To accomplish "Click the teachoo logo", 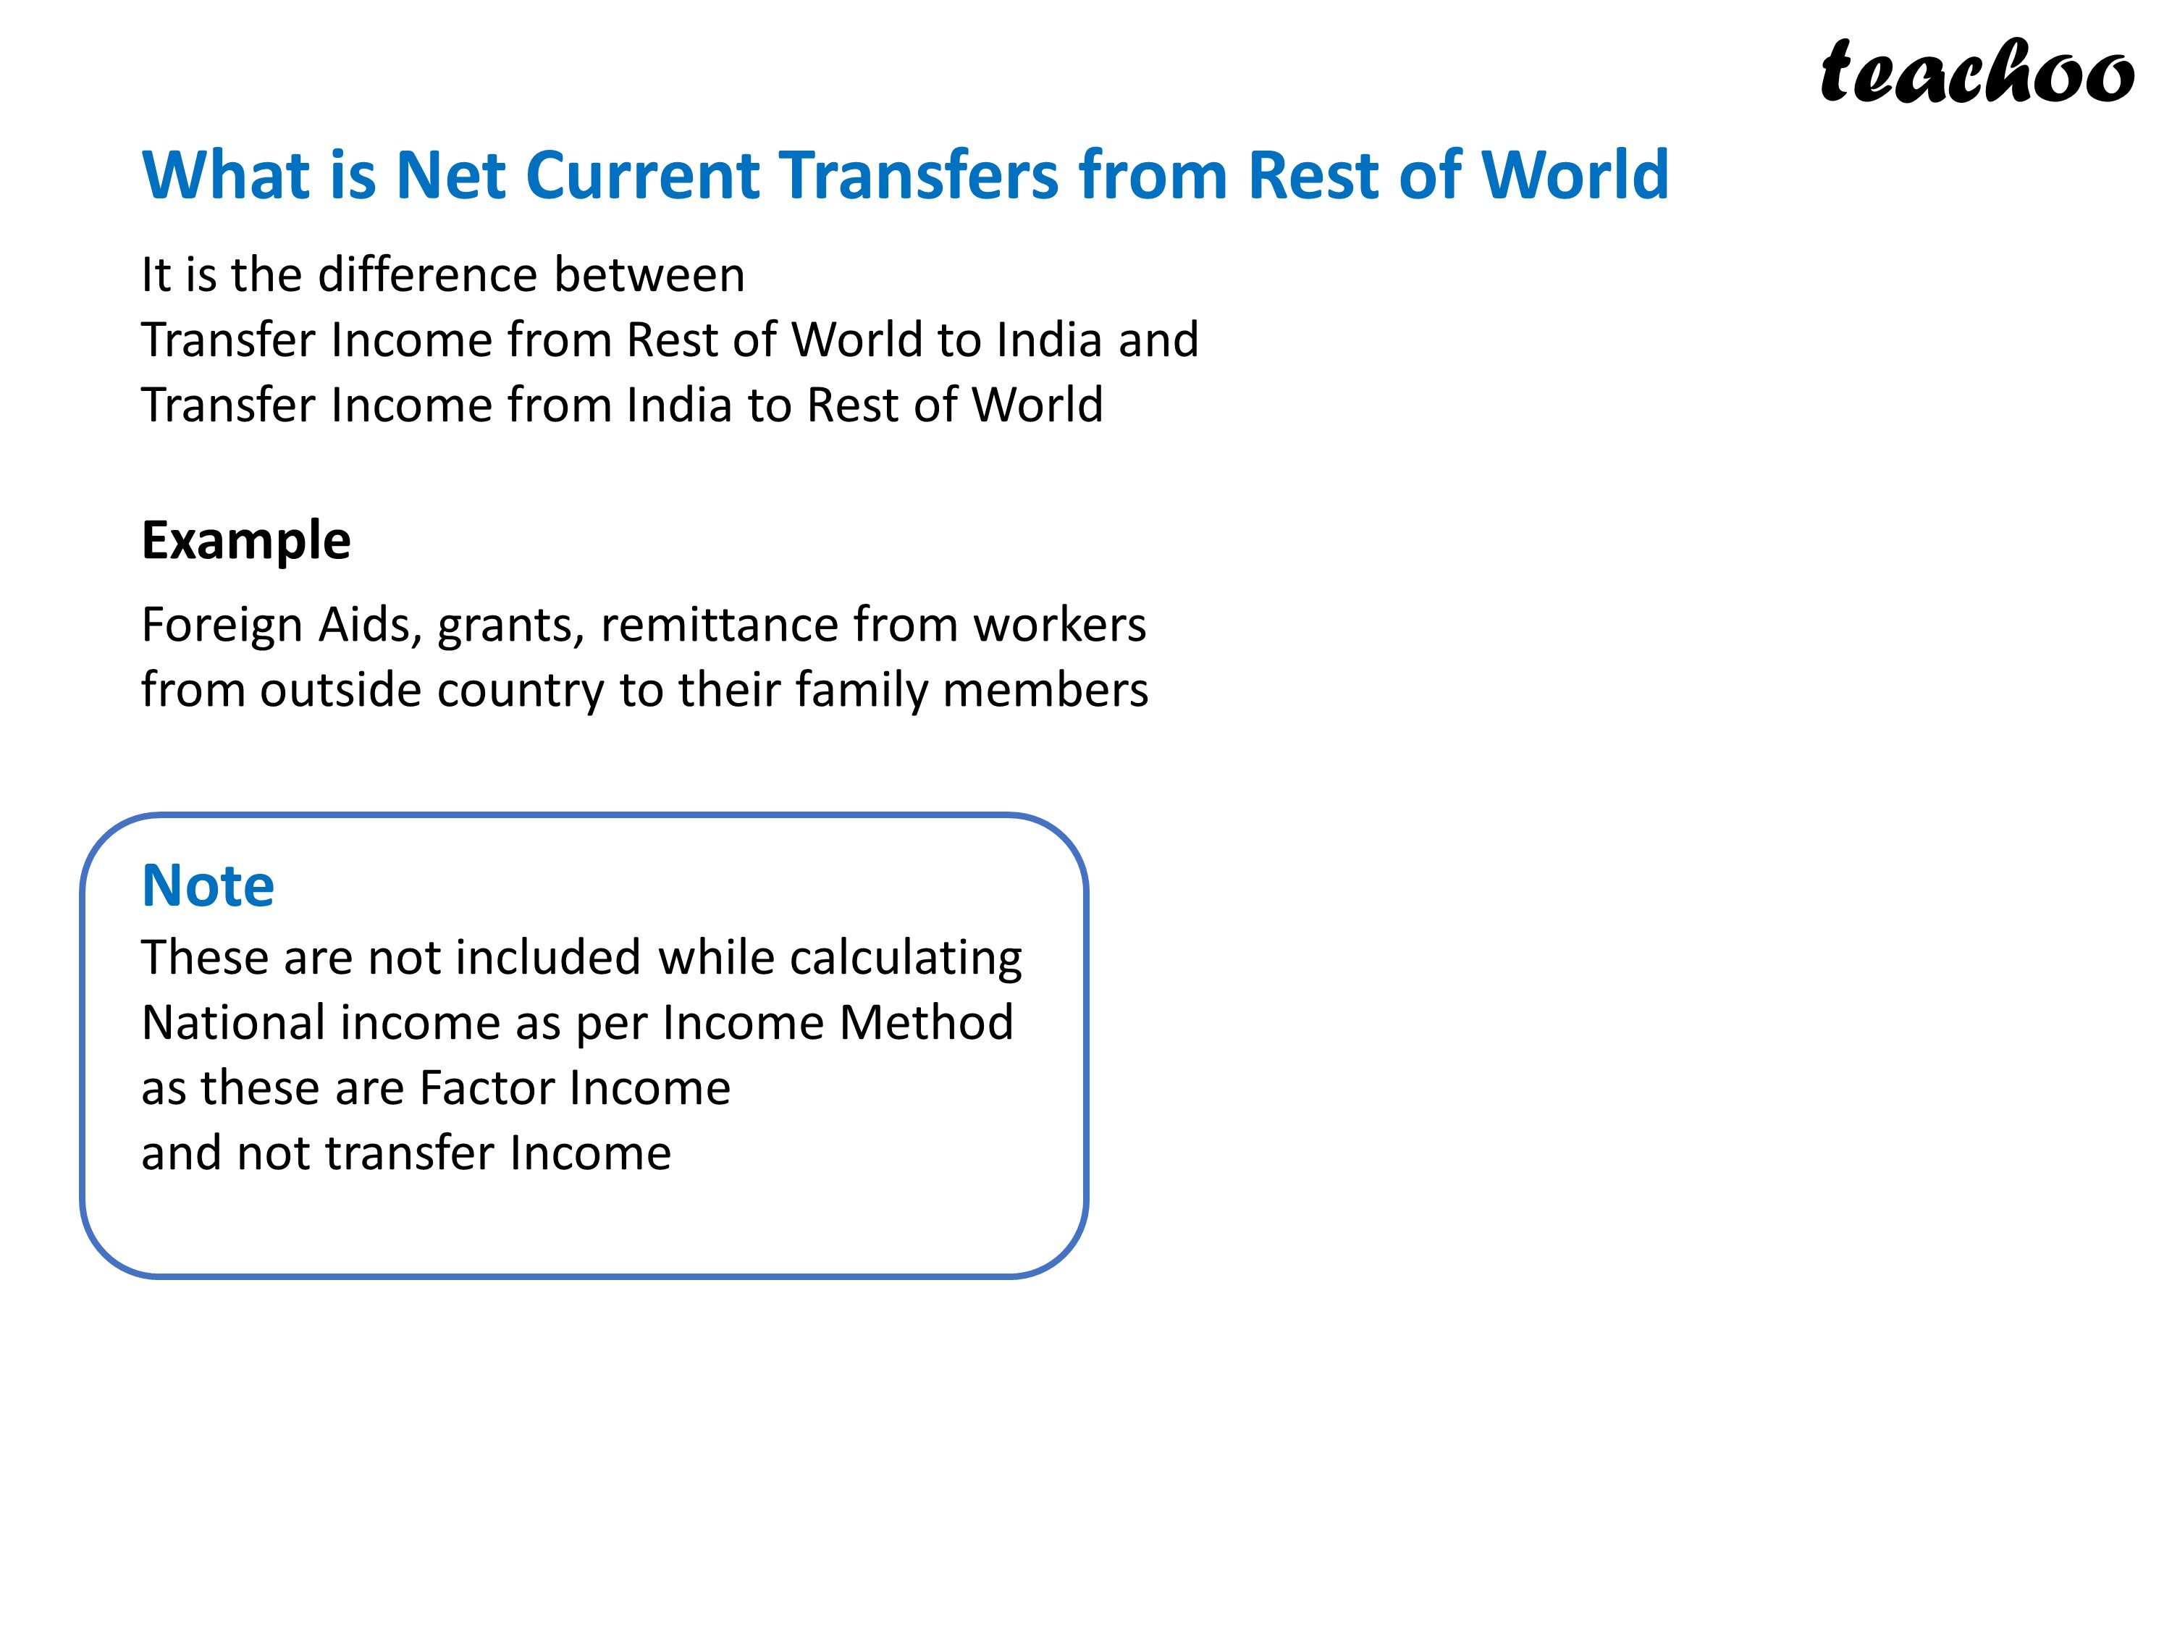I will coord(1976,72).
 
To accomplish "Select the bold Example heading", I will coord(245,541).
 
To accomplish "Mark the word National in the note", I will coord(232,1023).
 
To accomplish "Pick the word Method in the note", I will coord(926,1023).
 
